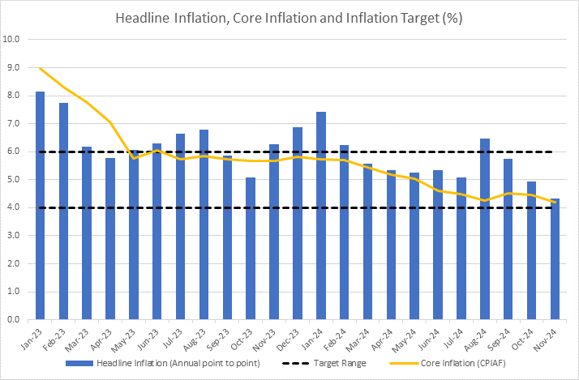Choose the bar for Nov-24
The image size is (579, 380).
pos(555,259)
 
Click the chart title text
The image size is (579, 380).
pos(289,17)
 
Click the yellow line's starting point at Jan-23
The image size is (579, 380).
pos(40,68)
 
